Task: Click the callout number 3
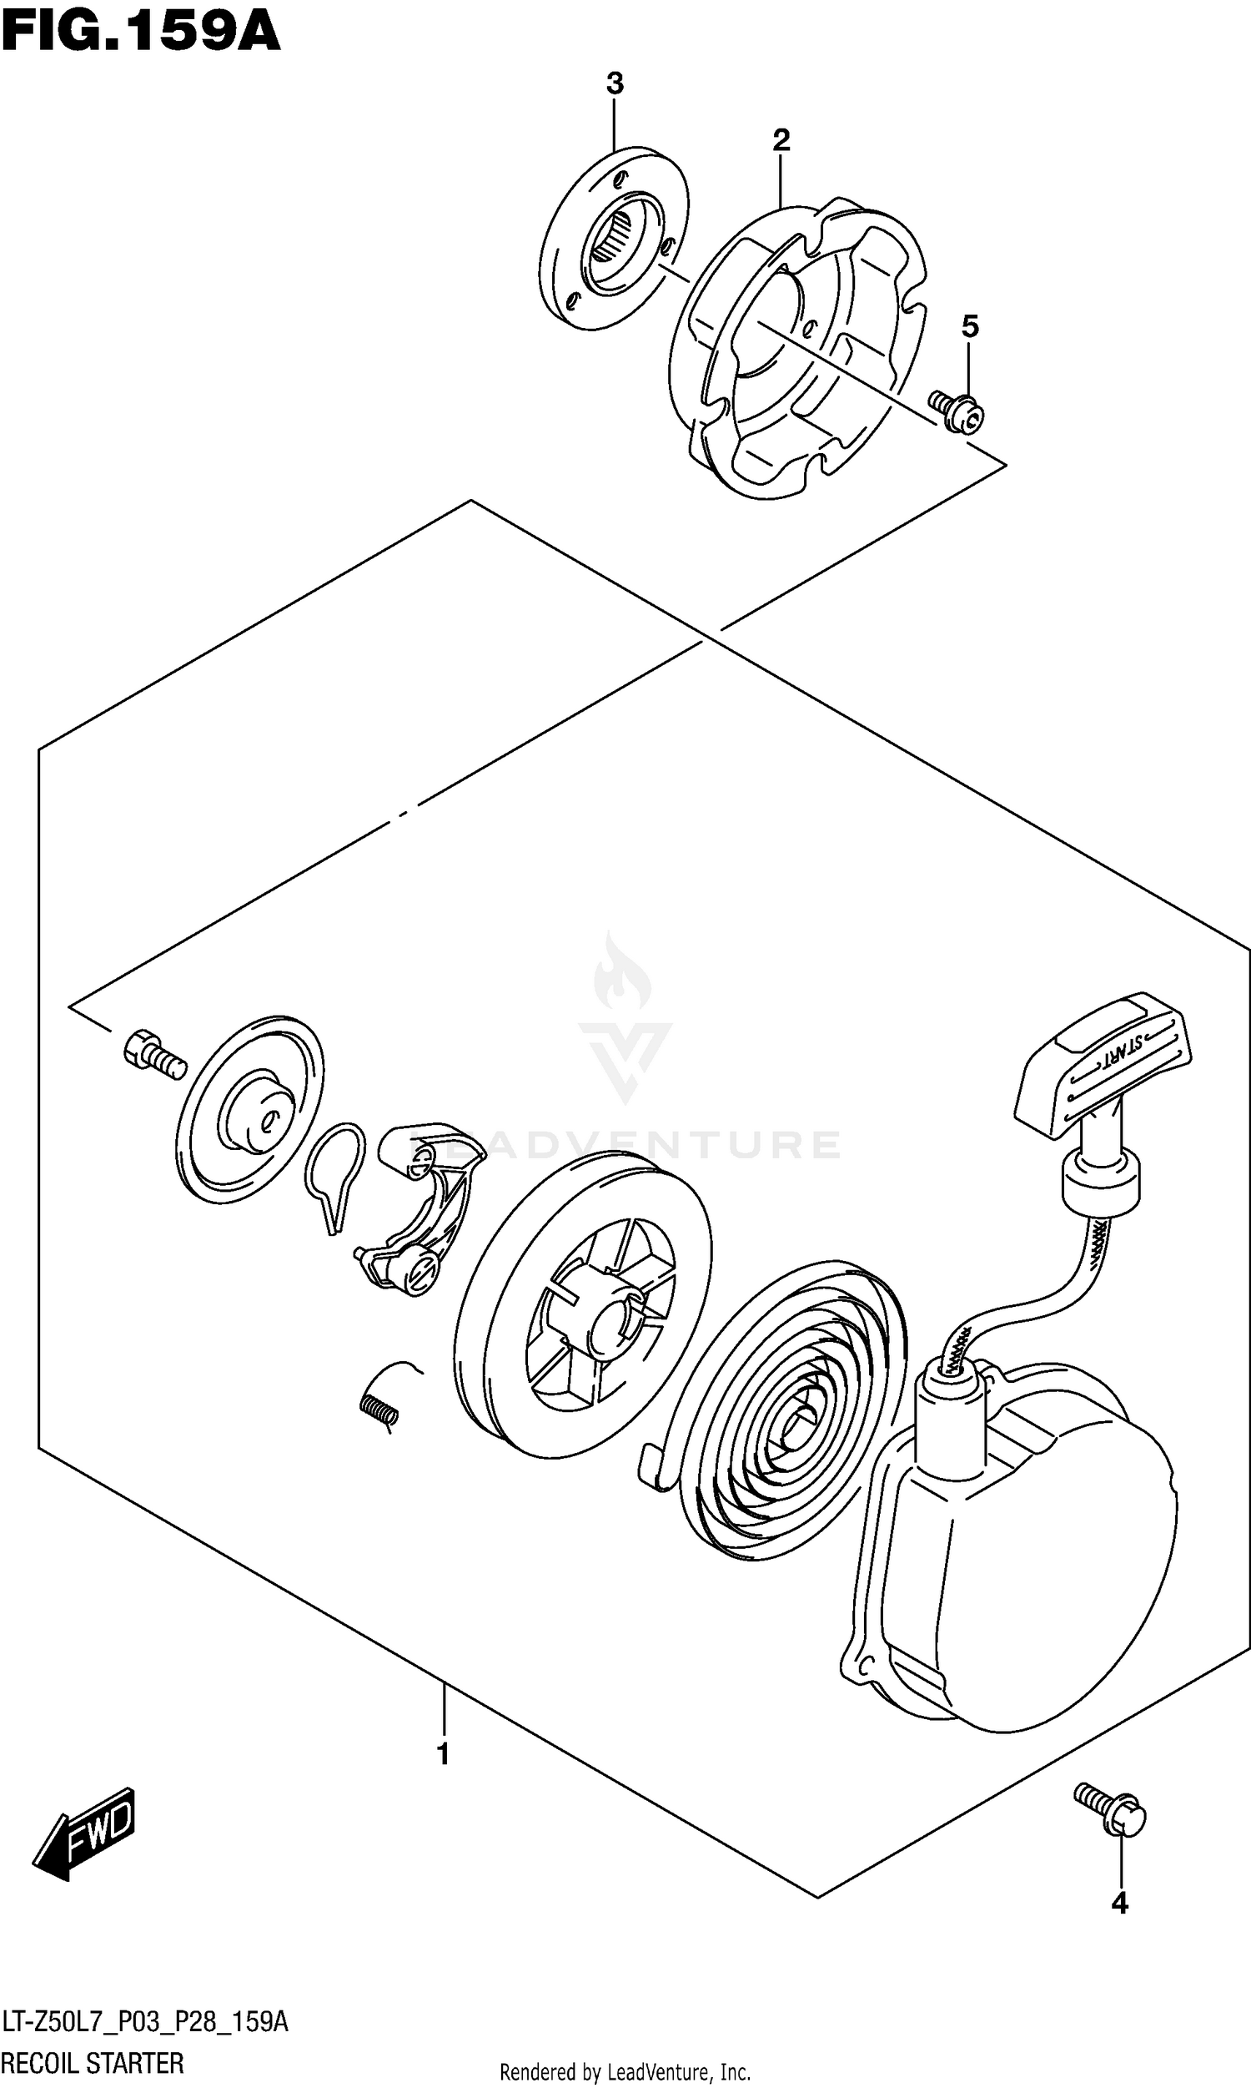point(615,84)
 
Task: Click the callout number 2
point(781,140)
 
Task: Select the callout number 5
point(970,326)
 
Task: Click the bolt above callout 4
point(1110,1809)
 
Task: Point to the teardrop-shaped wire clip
point(335,1173)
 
